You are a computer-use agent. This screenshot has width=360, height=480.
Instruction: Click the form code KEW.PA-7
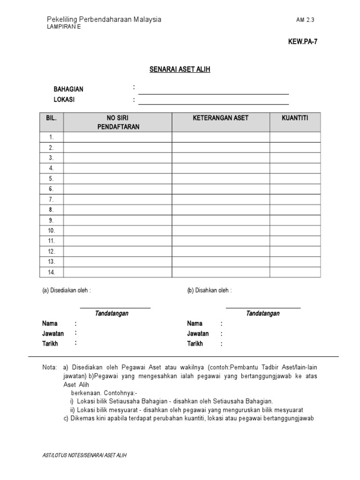pos(303,41)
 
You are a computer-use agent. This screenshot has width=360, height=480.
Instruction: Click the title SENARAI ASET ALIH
pos(180,69)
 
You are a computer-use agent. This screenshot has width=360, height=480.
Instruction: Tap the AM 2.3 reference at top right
pos(308,20)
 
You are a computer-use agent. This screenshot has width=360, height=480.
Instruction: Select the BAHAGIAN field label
pos(68,89)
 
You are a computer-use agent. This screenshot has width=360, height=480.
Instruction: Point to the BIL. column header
pos(51,118)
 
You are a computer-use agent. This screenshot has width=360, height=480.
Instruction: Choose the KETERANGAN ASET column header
pos(220,118)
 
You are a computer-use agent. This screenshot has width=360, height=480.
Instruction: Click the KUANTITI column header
pos(295,118)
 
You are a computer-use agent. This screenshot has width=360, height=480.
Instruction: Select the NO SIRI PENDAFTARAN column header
pos(118,122)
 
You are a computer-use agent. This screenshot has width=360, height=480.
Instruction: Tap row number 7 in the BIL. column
pos(51,199)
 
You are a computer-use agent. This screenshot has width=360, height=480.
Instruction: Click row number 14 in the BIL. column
pos(51,272)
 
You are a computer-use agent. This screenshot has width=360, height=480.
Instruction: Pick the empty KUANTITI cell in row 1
pos(295,137)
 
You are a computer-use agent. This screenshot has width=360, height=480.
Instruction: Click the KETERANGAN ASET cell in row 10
pos(220,231)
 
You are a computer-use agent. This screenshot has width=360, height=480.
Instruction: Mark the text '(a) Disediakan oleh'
pos(66,291)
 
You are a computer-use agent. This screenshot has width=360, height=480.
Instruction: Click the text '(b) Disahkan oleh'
pos(209,291)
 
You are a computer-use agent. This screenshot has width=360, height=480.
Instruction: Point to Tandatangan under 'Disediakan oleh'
pos(112,313)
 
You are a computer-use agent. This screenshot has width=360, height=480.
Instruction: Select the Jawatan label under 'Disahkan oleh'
pos(198,334)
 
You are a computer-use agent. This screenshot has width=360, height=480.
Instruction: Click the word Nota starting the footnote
pos(50,367)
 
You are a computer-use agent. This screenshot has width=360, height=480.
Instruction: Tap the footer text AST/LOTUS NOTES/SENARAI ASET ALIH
pos(84,455)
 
